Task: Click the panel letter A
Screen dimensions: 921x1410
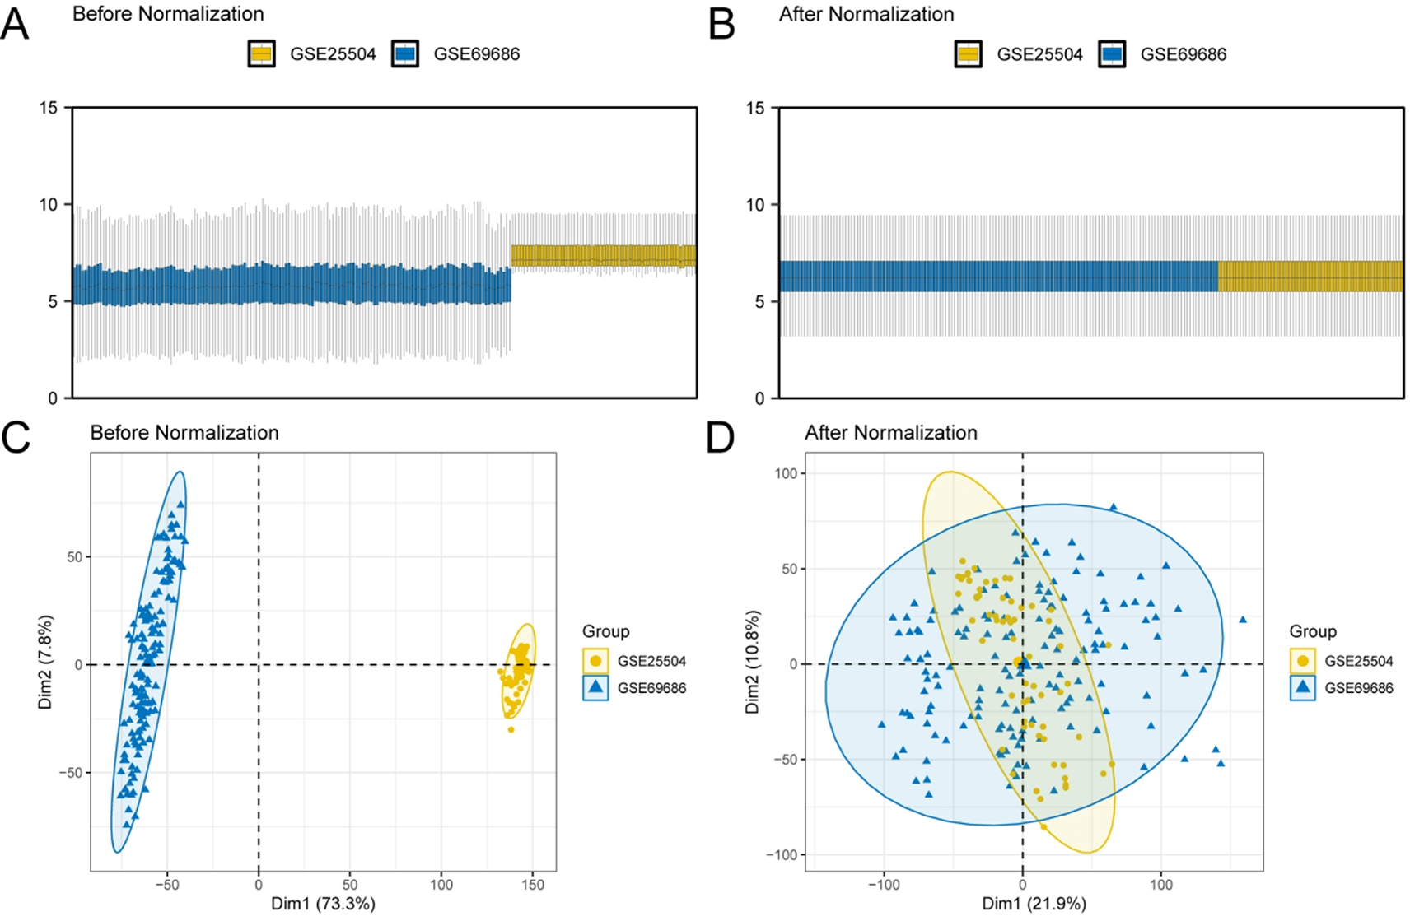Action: pyautogui.click(x=15, y=25)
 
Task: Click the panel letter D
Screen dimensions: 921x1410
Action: pyautogui.click(x=721, y=438)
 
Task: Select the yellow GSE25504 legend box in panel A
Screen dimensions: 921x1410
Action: pyautogui.click(x=262, y=54)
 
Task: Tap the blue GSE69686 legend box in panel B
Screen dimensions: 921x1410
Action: pyautogui.click(x=1112, y=54)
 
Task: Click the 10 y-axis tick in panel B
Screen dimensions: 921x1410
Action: pyautogui.click(x=755, y=205)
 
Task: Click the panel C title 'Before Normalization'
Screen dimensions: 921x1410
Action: pyautogui.click(x=184, y=433)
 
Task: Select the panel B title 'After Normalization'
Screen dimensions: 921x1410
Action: pyautogui.click(x=866, y=15)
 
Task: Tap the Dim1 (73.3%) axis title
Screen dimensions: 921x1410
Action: pyautogui.click(x=323, y=904)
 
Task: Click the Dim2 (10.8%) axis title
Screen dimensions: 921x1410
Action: pyautogui.click(x=753, y=662)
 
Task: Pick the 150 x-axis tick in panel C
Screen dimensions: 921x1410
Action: pyautogui.click(x=533, y=885)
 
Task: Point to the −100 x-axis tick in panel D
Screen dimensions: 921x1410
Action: pyautogui.click(x=884, y=885)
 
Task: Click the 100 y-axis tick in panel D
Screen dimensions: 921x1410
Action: pyautogui.click(x=786, y=473)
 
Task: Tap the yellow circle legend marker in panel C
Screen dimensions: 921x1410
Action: pyautogui.click(x=595, y=661)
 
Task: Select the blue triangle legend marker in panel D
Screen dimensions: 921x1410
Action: pyautogui.click(x=1302, y=687)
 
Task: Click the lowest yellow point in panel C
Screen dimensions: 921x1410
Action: pyautogui.click(x=511, y=729)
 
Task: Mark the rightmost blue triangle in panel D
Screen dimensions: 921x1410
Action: pyautogui.click(x=1243, y=620)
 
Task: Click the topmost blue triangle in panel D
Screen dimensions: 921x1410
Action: pyautogui.click(x=1114, y=508)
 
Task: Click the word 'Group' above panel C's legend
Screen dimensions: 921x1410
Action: pyautogui.click(x=605, y=631)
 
